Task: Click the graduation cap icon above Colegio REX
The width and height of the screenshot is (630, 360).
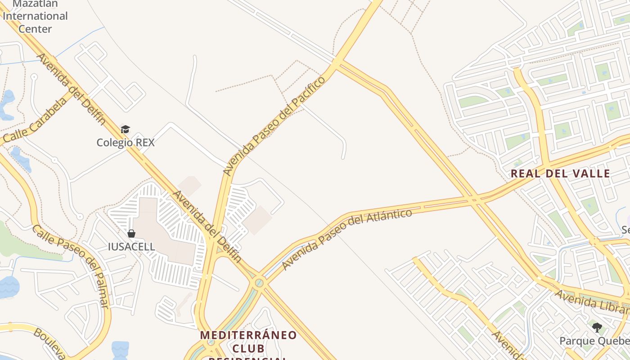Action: [x=125, y=130]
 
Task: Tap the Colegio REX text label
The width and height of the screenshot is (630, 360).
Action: [x=126, y=143]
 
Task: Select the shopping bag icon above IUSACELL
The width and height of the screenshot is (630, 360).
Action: [x=131, y=234]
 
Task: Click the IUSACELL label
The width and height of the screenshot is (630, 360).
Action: [x=131, y=247]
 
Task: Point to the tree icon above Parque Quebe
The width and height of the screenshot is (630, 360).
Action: [x=597, y=327]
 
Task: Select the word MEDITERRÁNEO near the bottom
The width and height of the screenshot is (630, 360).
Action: [x=248, y=335]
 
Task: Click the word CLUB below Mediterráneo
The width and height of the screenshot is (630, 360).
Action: [x=248, y=348]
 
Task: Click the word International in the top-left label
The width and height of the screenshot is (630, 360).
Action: [x=35, y=16]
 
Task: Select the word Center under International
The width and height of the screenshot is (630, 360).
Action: [x=35, y=29]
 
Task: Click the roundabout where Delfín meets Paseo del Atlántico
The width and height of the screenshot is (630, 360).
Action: [x=259, y=283]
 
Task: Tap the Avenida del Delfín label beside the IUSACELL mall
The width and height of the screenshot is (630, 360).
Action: [x=207, y=227]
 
